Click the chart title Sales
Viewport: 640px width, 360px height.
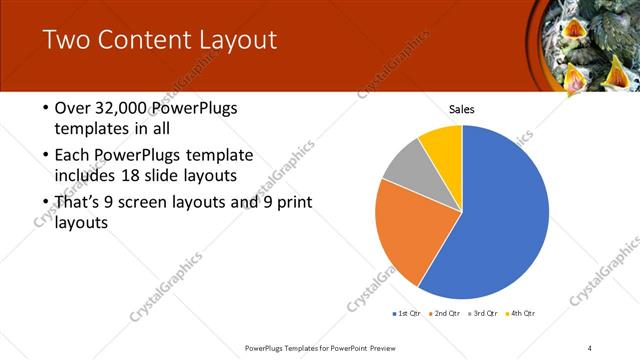[x=461, y=109]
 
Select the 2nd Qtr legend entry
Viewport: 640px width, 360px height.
[x=445, y=314]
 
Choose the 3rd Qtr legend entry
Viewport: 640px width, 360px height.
[x=484, y=314]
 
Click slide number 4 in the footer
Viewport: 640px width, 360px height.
[x=590, y=347]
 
